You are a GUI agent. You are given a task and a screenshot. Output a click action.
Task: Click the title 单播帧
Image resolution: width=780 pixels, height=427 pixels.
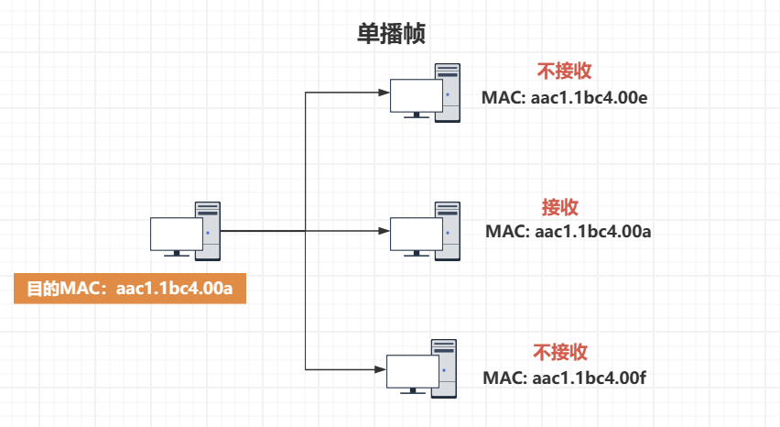pos(391,35)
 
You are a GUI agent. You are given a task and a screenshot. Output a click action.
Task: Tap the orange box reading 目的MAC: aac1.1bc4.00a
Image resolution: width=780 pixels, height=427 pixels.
pos(130,290)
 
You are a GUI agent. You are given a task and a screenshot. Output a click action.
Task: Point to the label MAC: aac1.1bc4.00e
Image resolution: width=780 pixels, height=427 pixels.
pos(565,96)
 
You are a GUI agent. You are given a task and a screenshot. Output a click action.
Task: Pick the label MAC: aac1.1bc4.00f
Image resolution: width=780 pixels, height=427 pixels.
pos(566,377)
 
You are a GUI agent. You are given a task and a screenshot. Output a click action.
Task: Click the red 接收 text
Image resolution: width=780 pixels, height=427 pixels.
pos(560,207)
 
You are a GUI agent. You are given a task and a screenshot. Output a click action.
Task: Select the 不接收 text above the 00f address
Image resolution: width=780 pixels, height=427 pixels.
pos(560,353)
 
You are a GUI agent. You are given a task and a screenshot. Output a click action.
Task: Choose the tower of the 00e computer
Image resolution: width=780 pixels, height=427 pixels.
pos(448,93)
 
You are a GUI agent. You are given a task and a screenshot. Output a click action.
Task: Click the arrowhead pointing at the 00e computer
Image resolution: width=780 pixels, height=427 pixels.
pos(384,93)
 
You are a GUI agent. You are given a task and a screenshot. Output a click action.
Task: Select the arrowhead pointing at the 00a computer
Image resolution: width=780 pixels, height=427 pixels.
pos(384,231)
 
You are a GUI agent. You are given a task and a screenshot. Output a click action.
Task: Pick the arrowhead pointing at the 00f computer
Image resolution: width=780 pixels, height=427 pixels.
pos(381,369)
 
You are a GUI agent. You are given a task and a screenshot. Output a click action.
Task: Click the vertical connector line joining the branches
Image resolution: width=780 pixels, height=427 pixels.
pos(305,165)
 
